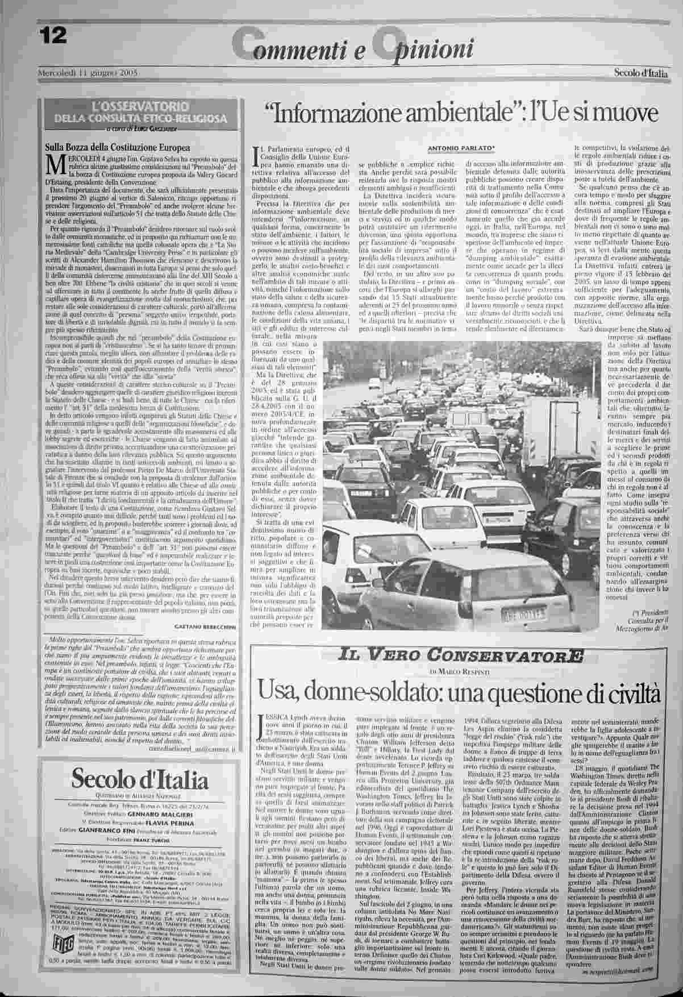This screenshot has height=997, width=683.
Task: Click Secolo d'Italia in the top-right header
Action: coord(638,73)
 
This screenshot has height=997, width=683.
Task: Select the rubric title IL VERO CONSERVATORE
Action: coord(459,656)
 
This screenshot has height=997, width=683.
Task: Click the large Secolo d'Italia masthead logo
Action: coord(140,778)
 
